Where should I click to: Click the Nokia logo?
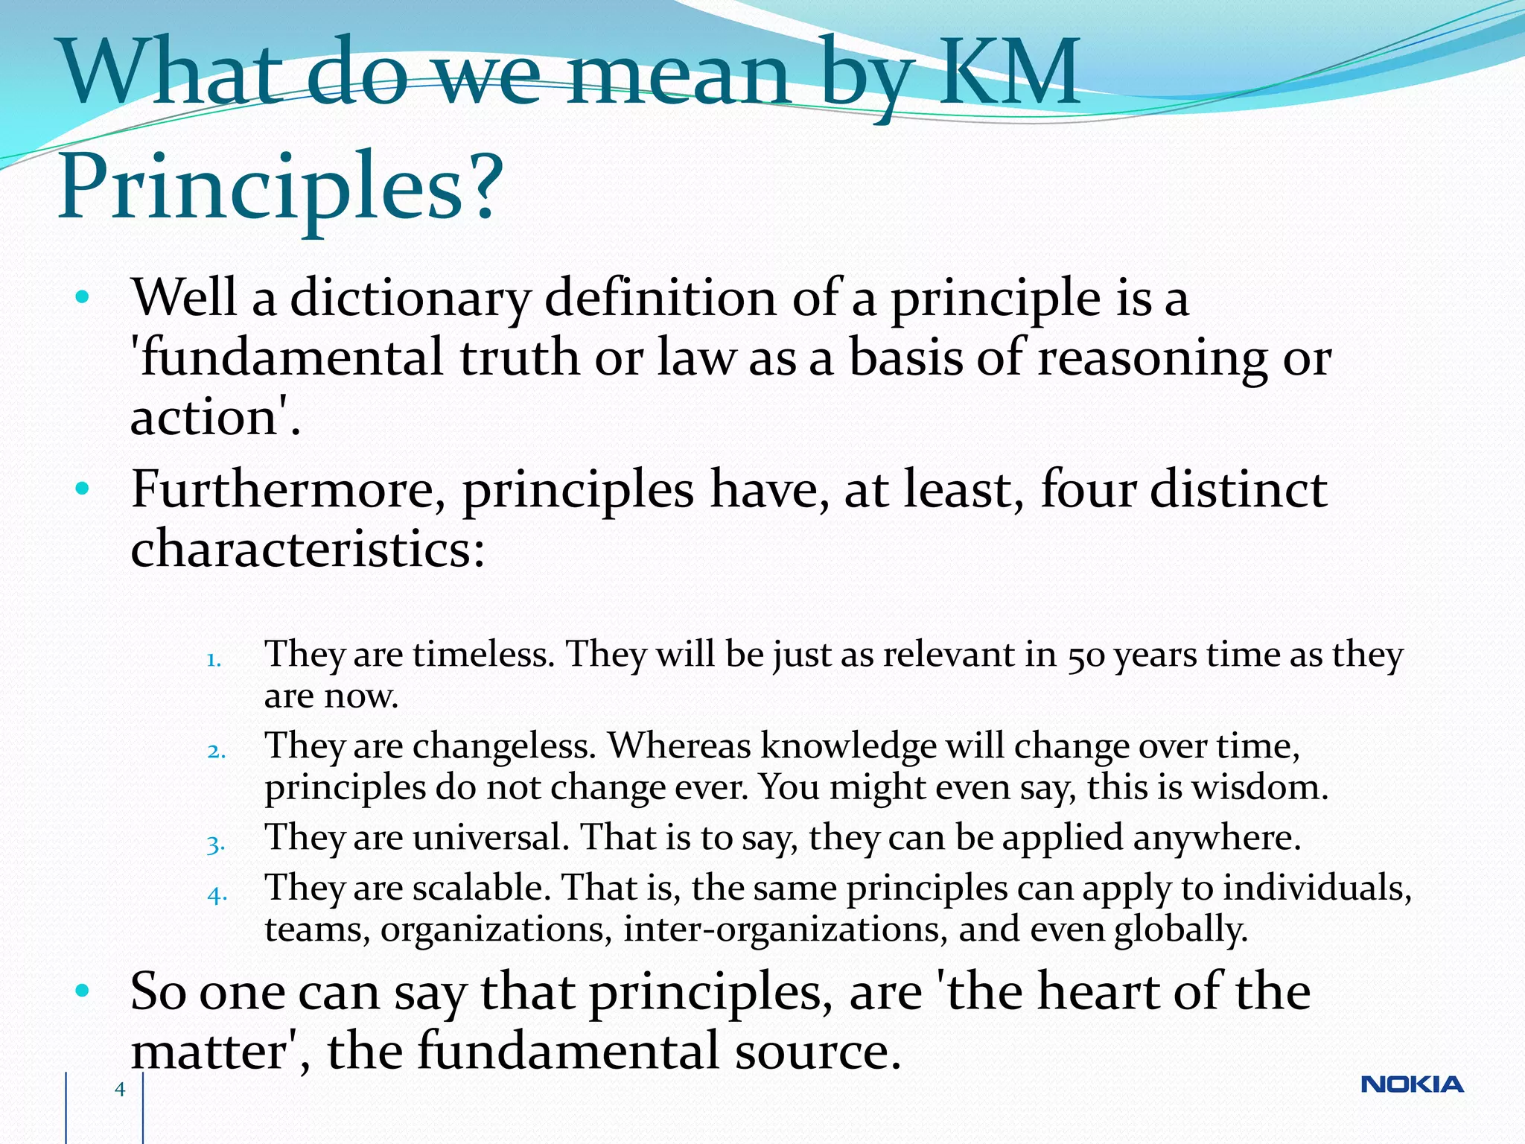1412,1084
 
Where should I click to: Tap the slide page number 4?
120,1090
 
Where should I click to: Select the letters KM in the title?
1008,73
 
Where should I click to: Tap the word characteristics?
308,550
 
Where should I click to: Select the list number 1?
214,659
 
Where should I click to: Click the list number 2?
216,751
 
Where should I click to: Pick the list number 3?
216,844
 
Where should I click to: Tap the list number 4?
217,894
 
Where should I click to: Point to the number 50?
1086,656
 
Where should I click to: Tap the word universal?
491,838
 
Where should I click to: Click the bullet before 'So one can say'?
83,991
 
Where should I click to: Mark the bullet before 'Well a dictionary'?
83,298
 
